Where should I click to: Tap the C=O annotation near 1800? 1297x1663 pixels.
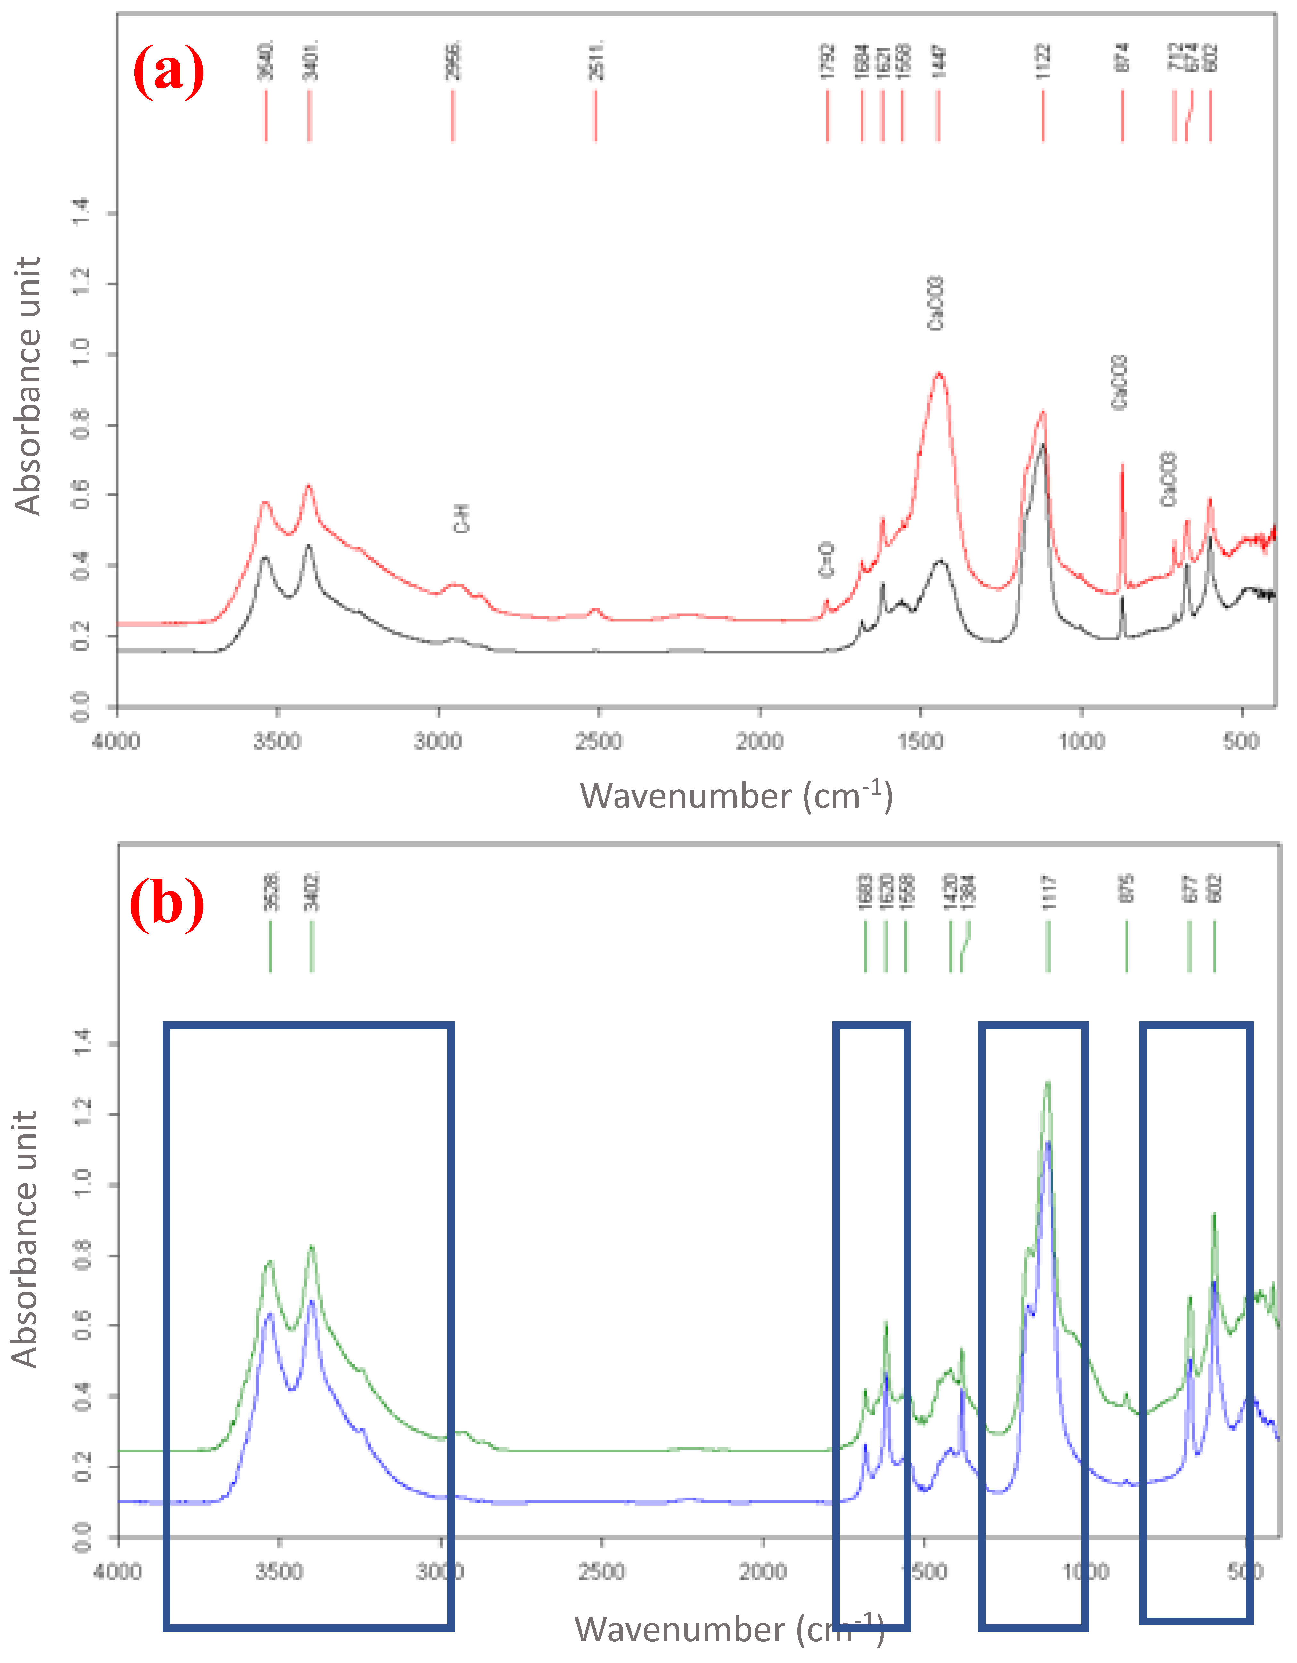pos(827,560)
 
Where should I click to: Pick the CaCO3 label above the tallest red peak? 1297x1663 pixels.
pos(936,303)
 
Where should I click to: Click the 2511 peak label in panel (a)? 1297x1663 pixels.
pos(597,59)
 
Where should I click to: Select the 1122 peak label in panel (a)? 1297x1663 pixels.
pos(1043,61)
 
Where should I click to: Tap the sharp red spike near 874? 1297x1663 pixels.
pos(1121,466)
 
